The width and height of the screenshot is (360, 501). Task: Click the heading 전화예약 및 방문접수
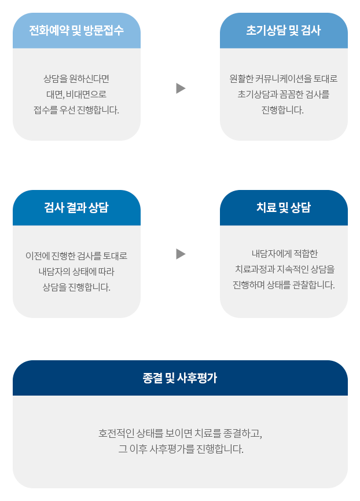pyautogui.click(x=76, y=30)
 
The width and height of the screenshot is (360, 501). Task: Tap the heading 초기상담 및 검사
pyautogui.click(x=284, y=30)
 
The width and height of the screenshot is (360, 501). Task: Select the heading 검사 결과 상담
pyautogui.click(x=76, y=207)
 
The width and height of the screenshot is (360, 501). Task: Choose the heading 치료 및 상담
pyautogui.click(x=284, y=207)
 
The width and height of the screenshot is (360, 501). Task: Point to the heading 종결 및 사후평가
pyautogui.click(x=180, y=378)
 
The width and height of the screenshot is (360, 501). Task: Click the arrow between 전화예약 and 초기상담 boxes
pyautogui.click(x=181, y=88)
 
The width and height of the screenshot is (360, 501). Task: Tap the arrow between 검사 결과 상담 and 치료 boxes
pyautogui.click(x=181, y=254)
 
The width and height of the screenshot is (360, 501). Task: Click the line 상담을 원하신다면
pyautogui.click(x=76, y=79)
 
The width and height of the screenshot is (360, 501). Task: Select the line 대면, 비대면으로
pyautogui.click(x=76, y=94)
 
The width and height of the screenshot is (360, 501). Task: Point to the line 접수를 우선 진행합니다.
pyautogui.click(x=76, y=110)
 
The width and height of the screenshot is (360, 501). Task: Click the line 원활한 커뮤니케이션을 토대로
pyautogui.click(x=284, y=79)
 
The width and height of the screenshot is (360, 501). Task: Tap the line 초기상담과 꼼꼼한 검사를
pyautogui.click(x=284, y=94)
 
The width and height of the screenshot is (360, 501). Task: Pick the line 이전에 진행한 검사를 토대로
pyautogui.click(x=76, y=255)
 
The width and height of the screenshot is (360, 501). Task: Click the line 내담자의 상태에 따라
pyautogui.click(x=76, y=271)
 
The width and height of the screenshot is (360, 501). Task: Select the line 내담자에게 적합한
pyautogui.click(x=285, y=253)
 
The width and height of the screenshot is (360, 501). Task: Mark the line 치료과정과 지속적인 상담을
pyautogui.click(x=285, y=269)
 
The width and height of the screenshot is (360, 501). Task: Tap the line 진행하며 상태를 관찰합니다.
pyautogui.click(x=284, y=285)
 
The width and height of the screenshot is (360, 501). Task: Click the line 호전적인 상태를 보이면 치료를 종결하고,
pyautogui.click(x=181, y=433)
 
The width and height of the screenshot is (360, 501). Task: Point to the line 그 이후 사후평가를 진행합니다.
pyautogui.click(x=181, y=449)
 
